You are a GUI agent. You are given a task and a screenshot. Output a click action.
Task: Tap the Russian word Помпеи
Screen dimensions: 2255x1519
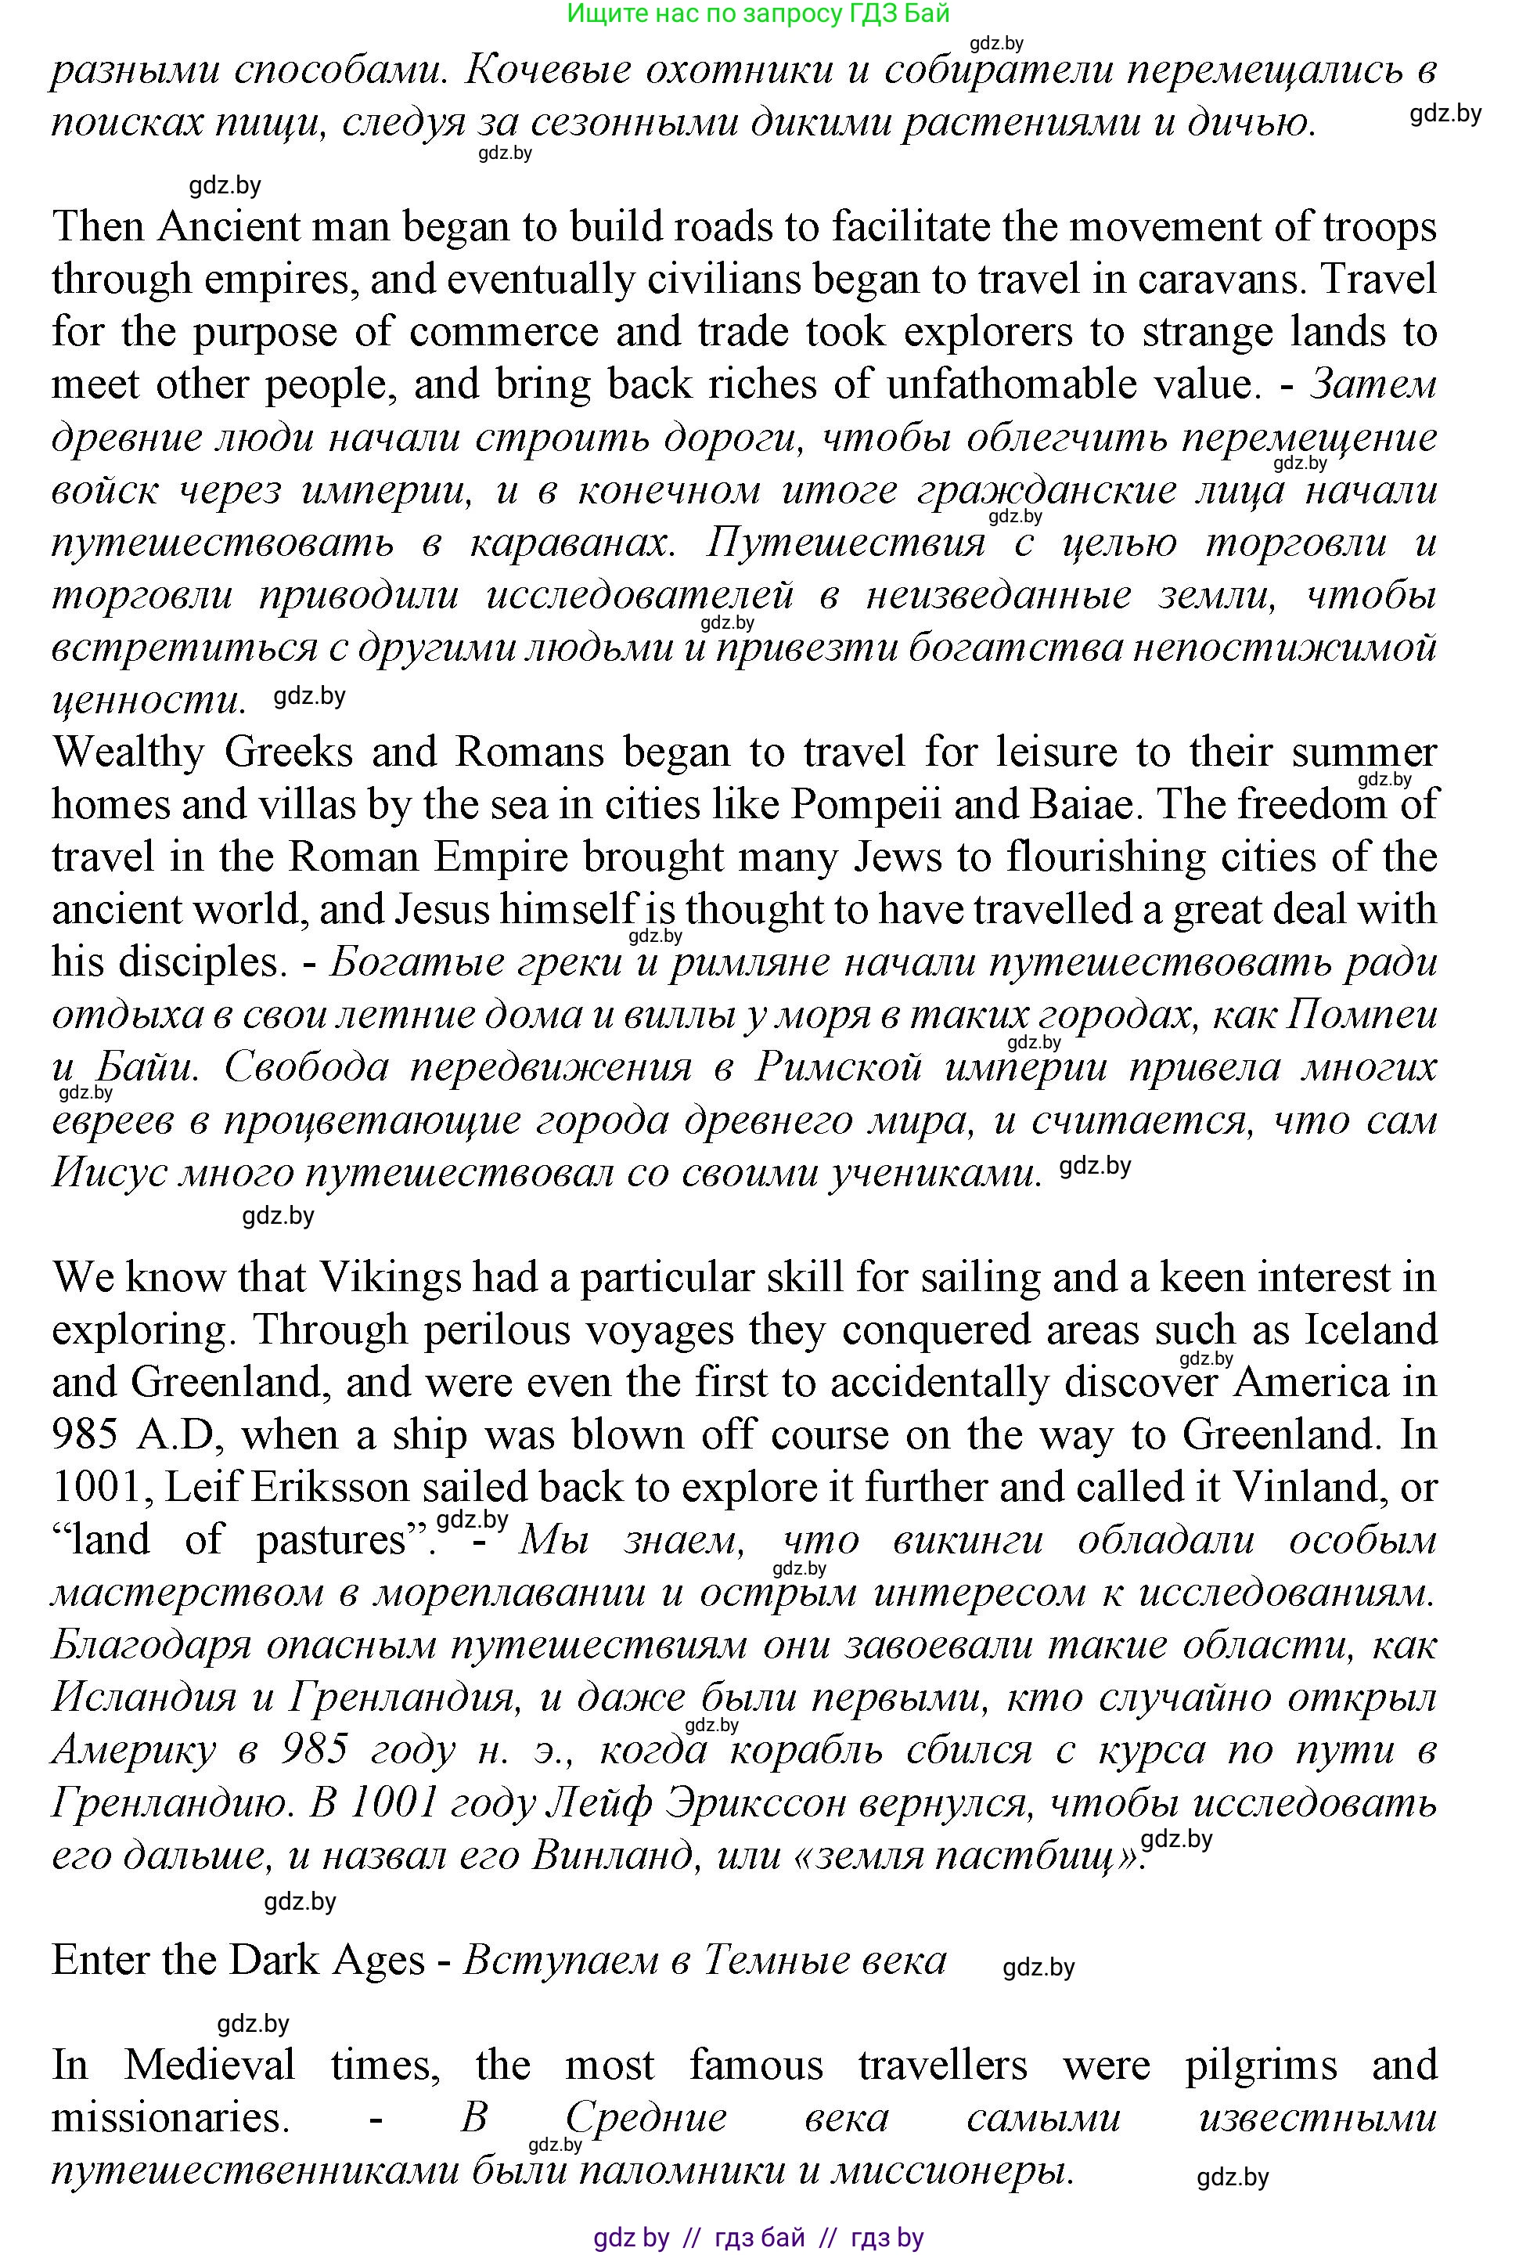coord(1361,1016)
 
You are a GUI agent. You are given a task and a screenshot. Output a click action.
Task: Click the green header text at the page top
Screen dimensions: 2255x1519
coord(758,13)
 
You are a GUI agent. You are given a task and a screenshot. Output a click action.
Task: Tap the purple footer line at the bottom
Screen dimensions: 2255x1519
coord(758,2238)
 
